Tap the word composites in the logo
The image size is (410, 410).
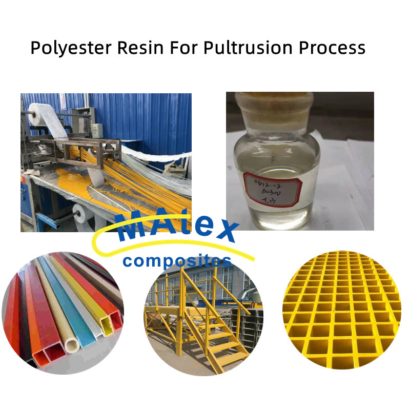177,261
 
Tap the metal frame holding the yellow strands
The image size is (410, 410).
92,149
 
